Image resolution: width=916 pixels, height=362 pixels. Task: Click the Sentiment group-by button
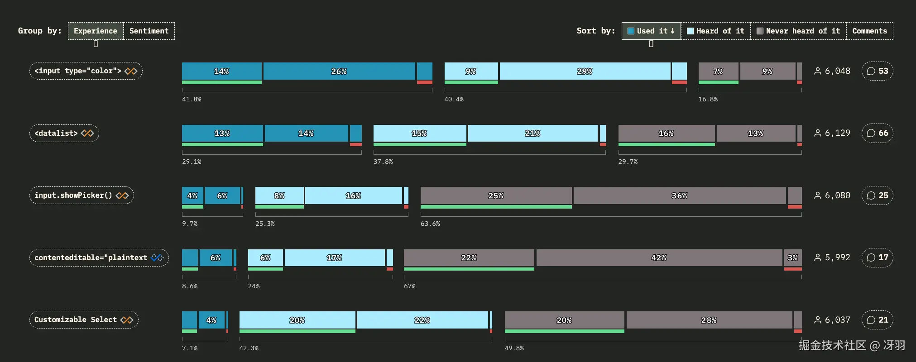149,31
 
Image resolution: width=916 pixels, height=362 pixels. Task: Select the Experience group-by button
96,31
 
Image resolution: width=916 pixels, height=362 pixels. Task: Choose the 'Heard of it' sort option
715,31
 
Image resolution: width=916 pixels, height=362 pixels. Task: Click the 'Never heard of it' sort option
798,31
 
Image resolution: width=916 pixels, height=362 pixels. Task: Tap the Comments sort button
869,31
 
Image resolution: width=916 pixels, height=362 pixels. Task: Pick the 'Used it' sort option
651,31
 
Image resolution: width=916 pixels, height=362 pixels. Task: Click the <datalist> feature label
64,133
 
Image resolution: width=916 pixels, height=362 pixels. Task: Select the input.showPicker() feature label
82,195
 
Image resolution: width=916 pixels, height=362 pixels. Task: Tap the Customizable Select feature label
84,319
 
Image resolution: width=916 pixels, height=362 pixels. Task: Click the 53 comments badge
877,71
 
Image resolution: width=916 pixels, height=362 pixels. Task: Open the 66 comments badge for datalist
877,133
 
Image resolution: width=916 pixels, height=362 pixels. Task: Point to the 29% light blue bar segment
585,71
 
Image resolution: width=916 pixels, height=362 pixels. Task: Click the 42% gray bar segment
659,257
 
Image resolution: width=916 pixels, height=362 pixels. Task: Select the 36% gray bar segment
679,195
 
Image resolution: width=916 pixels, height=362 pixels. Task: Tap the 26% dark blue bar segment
339,71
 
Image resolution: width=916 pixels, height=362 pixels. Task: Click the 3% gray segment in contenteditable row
792,257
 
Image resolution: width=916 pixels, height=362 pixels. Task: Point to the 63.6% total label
430,224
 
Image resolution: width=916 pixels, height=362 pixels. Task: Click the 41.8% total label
192,99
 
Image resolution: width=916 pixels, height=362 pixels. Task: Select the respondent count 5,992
837,257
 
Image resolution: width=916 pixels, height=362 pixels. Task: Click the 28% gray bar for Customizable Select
709,320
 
